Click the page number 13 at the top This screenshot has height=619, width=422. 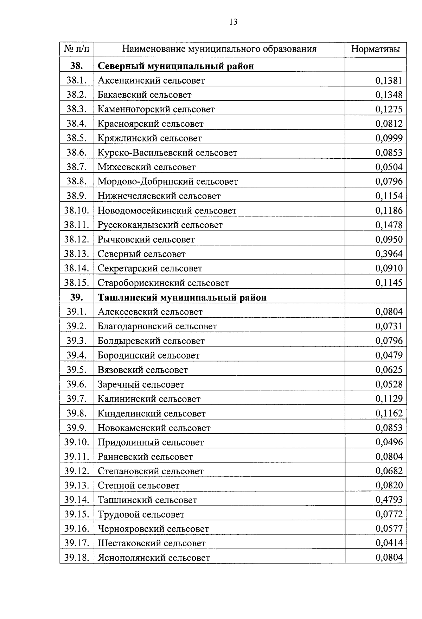point(233,22)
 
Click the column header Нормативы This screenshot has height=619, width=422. point(375,49)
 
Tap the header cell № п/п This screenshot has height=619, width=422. point(77,49)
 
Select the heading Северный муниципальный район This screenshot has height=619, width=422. point(175,66)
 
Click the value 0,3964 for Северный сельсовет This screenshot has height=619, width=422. point(389,254)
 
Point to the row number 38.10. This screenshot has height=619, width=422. point(77,210)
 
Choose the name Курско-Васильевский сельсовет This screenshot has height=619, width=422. point(167,153)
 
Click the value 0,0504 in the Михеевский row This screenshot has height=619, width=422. point(389,167)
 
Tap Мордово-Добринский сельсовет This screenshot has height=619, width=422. point(168,182)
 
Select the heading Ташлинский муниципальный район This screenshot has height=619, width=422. point(182,297)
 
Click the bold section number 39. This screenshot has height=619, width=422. point(77,297)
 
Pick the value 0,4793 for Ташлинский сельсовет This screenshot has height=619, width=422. point(389,500)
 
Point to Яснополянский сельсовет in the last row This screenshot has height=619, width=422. point(154,558)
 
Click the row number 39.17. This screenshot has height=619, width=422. point(77,543)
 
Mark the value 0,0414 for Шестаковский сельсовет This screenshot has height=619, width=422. point(389,543)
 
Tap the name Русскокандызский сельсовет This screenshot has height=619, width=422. point(160,225)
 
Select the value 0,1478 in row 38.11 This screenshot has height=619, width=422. point(389,225)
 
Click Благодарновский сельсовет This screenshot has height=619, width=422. point(157,327)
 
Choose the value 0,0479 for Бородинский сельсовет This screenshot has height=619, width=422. point(389,355)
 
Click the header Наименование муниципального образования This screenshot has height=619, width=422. point(219,49)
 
